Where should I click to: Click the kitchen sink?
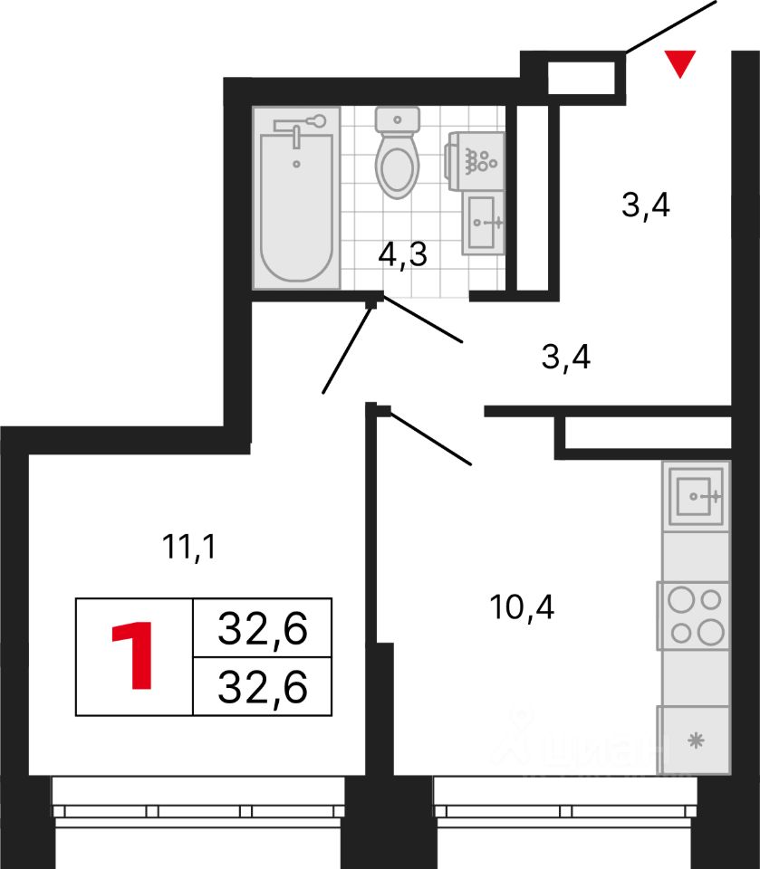(696, 495)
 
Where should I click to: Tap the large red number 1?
(133, 655)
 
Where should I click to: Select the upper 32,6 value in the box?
(263, 626)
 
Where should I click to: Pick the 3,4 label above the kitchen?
(566, 358)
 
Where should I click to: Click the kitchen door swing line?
(431, 439)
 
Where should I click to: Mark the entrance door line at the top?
(671, 25)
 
